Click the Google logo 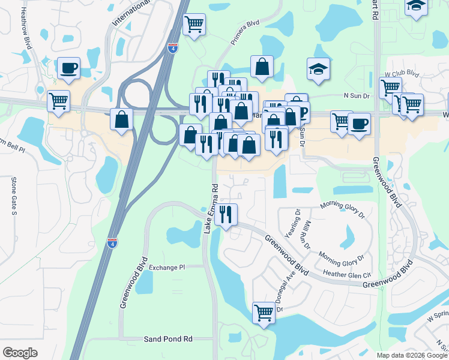(x=20, y=353)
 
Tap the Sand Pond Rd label (x=168, y=339)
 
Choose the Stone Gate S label (x=13, y=196)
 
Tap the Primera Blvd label (x=245, y=32)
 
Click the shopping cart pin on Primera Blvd (x=194, y=25)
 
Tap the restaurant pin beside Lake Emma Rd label (x=226, y=214)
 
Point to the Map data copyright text (x=412, y=355)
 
